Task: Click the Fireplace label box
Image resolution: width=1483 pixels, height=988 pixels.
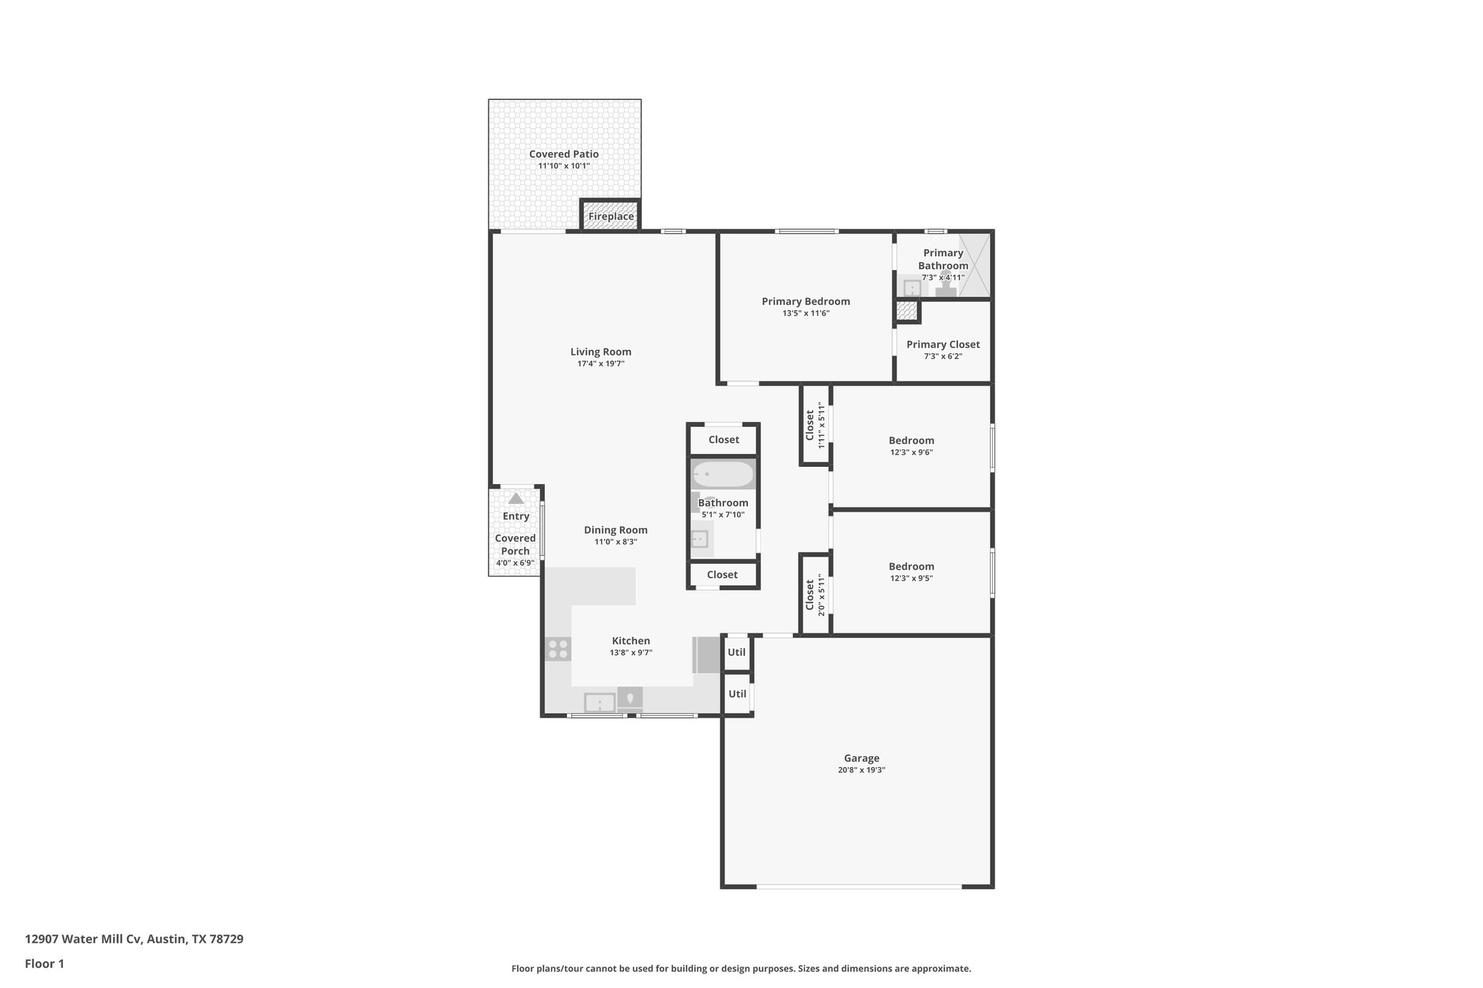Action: coord(610,216)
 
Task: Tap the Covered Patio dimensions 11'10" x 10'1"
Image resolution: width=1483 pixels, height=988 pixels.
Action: coord(563,166)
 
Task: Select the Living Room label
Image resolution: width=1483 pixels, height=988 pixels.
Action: coord(600,352)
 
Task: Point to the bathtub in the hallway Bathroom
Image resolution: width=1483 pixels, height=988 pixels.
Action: coord(723,475)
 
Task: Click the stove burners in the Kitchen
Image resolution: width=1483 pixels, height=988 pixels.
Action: coord(558,649)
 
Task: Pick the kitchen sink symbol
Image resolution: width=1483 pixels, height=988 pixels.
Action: coord(600,702)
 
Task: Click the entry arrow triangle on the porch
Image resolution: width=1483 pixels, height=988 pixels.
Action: coord(516,499)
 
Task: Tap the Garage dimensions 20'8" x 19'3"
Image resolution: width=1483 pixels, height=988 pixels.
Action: coord(861,770)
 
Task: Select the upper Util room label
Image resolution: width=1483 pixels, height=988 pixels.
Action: coord(736,652)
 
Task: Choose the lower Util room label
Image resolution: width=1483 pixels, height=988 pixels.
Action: coord(737,693)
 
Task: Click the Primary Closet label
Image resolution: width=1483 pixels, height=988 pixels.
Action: coord(943,345)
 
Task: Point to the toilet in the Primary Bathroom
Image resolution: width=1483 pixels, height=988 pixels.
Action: coord(946,288)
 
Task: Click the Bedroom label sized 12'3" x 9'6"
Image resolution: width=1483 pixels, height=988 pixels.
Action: coord(911,440)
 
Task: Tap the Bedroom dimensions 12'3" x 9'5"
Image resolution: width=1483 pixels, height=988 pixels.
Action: coord(911,578)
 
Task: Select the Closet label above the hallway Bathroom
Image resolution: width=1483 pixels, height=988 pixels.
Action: coord(723,439)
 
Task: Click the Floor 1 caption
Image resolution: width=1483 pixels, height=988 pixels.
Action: coord(44,963)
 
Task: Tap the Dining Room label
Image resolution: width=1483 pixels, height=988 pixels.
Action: coord(616,530)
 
